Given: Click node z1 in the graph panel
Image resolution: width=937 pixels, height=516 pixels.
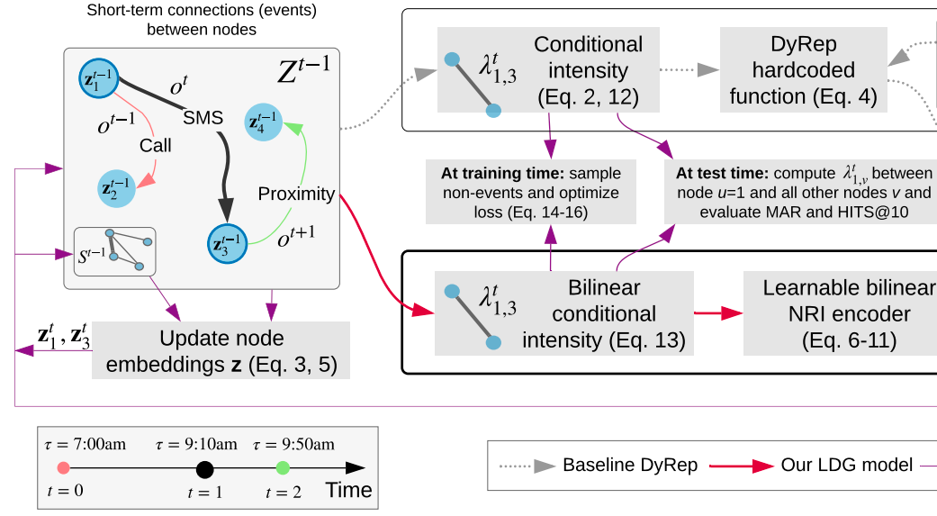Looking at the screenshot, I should pyautogui.click(x=97, y=79).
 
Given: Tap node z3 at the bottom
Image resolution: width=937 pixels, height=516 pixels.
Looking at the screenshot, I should pyautogui.click(x=225, y=243).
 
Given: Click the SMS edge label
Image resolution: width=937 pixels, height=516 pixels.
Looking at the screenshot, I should pyautogui.click(x=203, y=117).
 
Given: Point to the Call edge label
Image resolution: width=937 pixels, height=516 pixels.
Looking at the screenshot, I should pyautogui.click(x=155, y=144).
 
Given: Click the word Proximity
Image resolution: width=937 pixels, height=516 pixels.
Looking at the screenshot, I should pyautogui.click(x=296, y=194).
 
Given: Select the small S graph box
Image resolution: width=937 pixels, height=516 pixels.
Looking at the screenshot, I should pyautogui.click(x=114, y=251).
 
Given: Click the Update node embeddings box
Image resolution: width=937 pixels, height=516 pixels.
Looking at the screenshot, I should pyautogui.click(x=221, y=352).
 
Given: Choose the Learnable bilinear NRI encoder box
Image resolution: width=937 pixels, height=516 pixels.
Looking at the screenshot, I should pyautogui.click(x=841, y=314).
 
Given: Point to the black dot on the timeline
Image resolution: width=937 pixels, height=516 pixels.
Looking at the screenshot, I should pyautogui.click(x=204, y=468).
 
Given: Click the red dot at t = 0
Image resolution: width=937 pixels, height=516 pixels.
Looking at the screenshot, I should pyautogui.click(x=63, y=468).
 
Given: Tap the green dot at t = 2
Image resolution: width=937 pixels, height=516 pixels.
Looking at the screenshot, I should pyautogui.click(x=283, y=467).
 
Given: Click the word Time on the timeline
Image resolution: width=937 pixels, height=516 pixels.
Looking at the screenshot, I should pyautogui.click(x=348, y=490).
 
